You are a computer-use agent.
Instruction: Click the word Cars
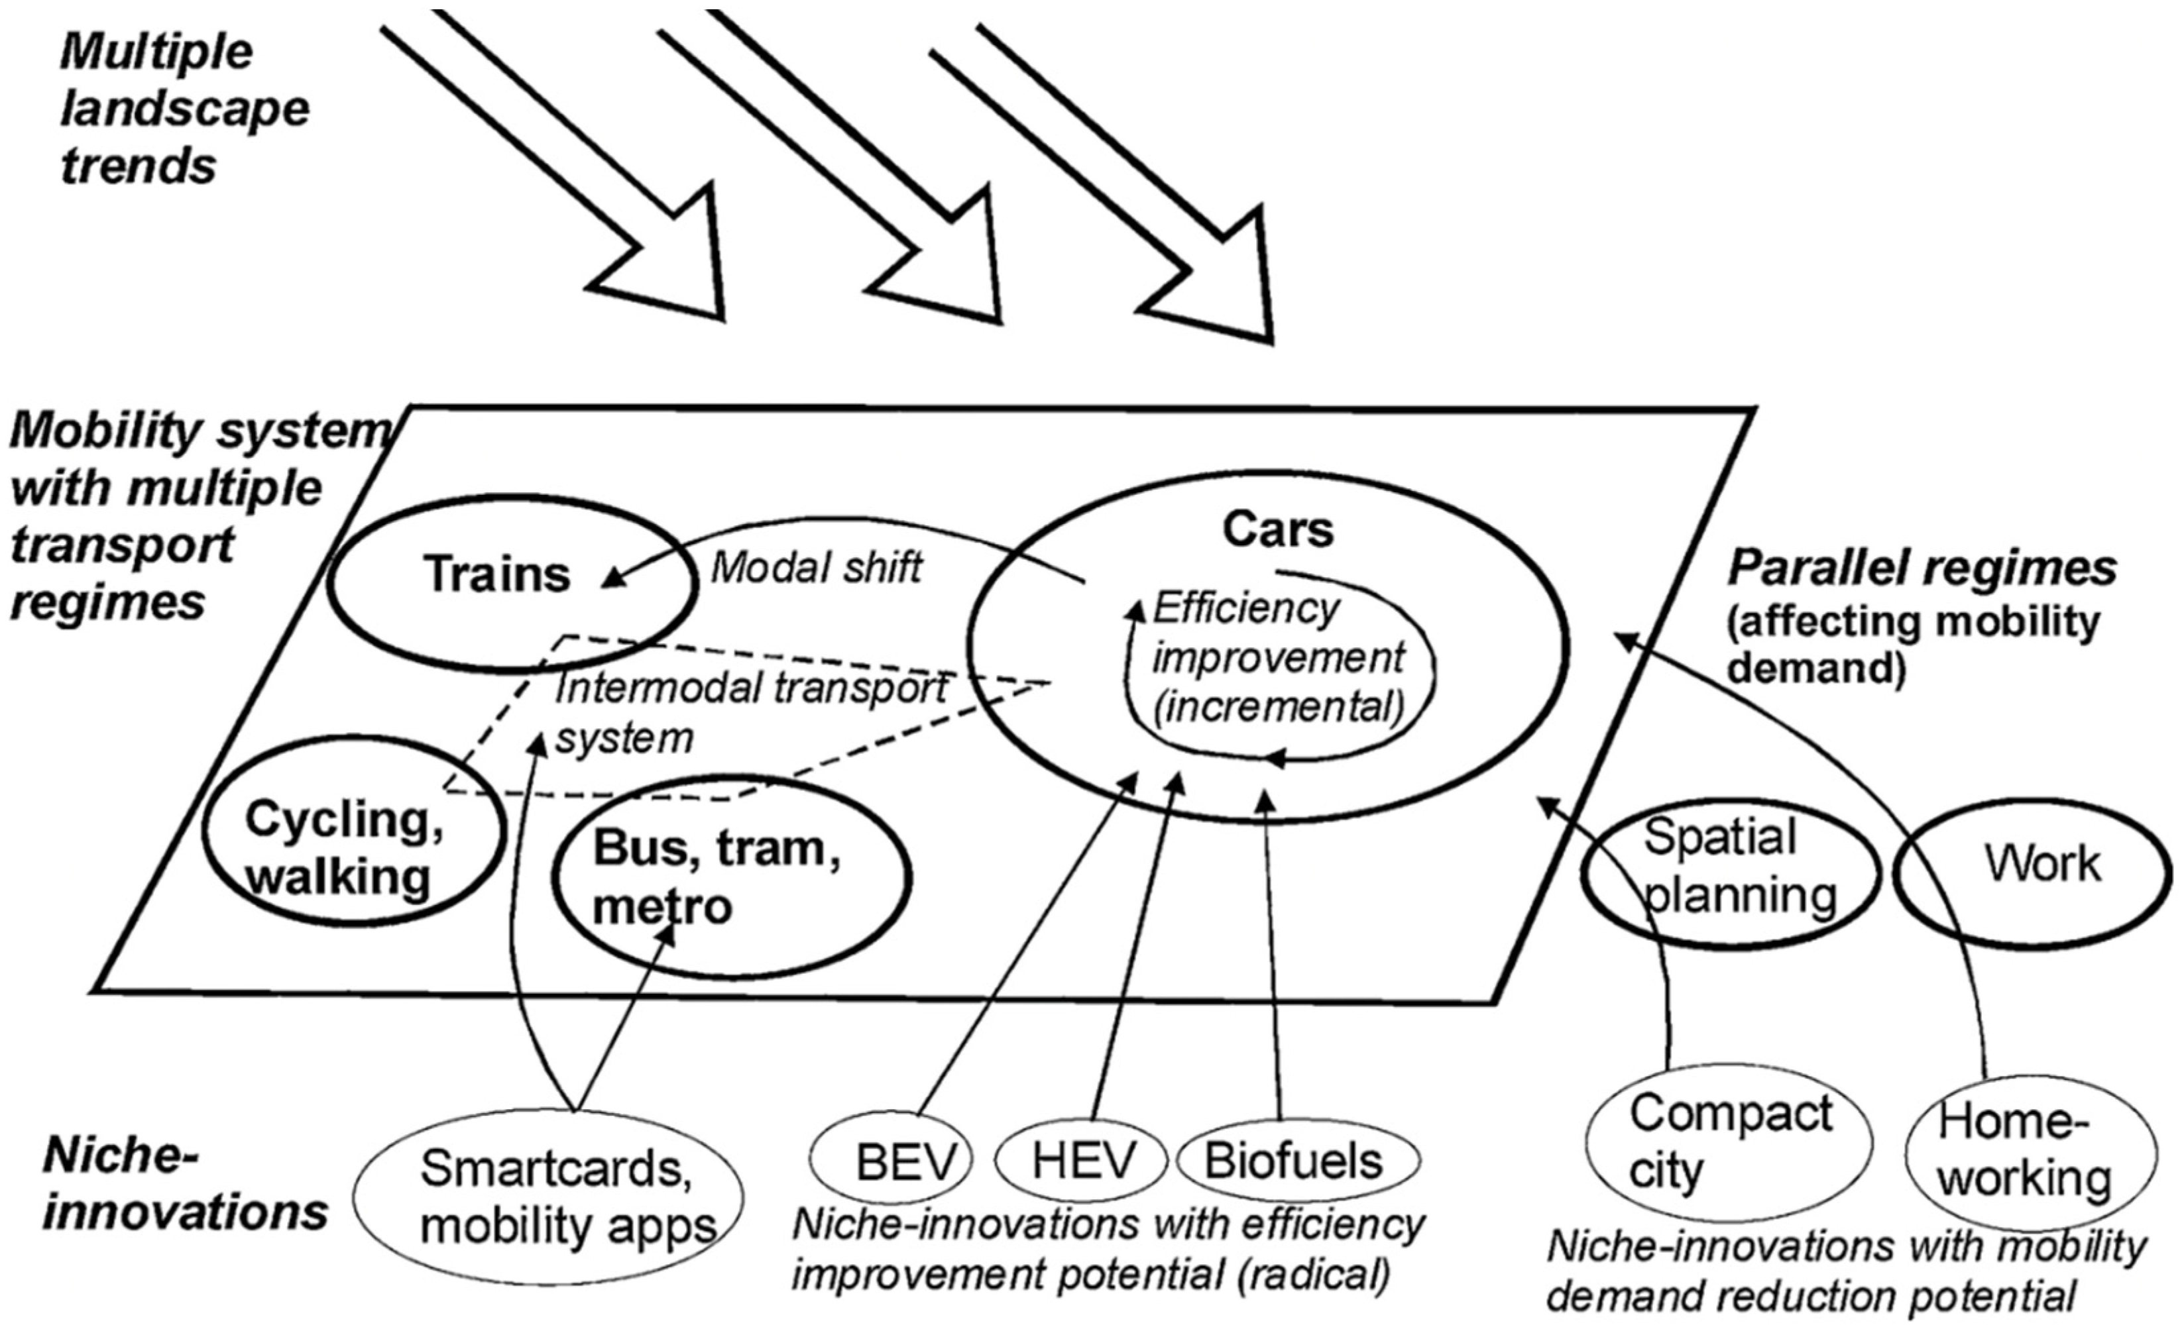point(1277,530)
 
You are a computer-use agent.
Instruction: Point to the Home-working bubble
point(2028,1151)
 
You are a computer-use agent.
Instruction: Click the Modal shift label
point(817,567)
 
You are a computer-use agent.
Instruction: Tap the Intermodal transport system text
point(748,712)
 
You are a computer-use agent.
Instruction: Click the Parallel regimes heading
point(1922,568)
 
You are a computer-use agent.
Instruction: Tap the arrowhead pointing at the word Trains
point(611,580)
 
